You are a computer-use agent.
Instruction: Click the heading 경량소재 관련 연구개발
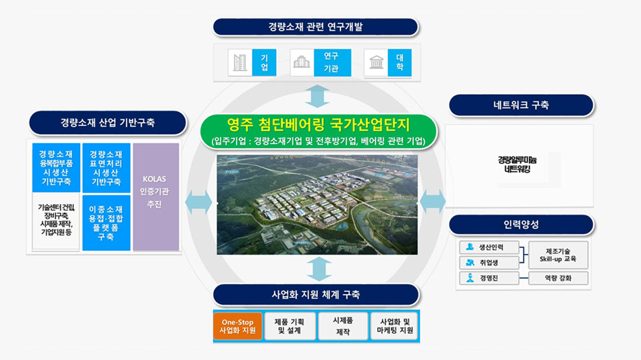tap(316, 27)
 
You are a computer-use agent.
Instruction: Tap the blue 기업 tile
tap(264, 63)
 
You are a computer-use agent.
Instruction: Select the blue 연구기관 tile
tap(332, 63)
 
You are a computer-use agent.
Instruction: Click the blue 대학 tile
tap(399, 63)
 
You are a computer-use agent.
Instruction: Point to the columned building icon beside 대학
tap(376, 63)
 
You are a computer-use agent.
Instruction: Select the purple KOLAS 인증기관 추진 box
tap(156, 197)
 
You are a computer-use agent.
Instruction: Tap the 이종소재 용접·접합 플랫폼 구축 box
tap(107, 223)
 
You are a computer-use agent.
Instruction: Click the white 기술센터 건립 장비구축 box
tap(56, 221)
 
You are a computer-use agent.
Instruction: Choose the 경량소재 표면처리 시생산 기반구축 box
tap(107, 168)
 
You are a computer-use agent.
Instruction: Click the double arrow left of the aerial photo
tap(199, 202)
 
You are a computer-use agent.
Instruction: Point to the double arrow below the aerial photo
tap(319, 269)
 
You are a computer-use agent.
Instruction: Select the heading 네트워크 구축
tap(521, 105)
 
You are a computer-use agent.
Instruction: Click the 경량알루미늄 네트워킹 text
tap(517, 165)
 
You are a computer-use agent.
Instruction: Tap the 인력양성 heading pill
tap(521, 225)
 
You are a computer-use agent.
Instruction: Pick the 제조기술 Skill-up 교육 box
tap(558, 255)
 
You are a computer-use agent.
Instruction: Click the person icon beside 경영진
tap(470, 278)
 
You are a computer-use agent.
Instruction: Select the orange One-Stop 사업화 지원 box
tap(237, 326)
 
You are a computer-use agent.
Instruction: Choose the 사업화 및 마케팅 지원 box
tap(394, 326)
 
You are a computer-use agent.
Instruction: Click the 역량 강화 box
tap(558, 278)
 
